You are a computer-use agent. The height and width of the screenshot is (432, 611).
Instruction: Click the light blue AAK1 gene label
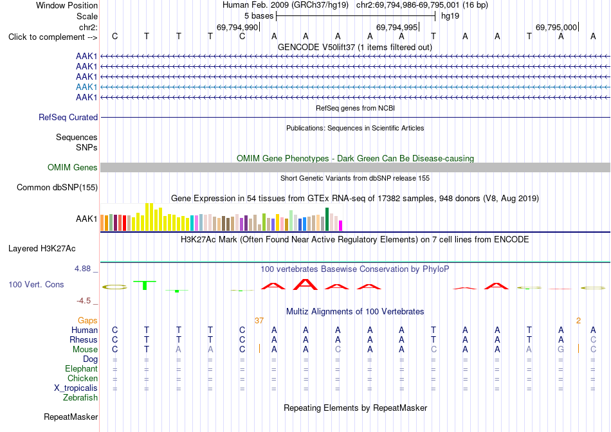pos(87,87)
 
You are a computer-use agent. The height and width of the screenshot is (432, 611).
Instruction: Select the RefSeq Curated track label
pos(68,117)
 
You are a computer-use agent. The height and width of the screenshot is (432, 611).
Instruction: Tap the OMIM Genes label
pos(73,168)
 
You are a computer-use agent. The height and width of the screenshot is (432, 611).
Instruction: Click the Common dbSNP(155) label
pos(57,187)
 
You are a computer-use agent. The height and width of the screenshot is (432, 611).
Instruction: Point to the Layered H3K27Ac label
pos(42,249)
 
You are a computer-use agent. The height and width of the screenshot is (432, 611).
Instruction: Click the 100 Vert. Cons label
pos(36,284)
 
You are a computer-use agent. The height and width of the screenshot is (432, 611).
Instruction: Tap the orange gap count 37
pos(259,321)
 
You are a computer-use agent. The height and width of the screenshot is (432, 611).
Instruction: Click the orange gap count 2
pos(578,321)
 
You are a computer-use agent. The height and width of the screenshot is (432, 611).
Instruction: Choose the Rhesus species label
pos(84,339)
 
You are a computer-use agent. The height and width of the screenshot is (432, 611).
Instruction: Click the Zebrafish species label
pos(80,398)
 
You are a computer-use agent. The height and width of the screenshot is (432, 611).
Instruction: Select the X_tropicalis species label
pos(76,388)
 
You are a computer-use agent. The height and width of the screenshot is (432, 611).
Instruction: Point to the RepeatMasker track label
pos(71,417)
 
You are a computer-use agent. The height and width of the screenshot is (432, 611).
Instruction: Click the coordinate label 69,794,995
pos(397,27)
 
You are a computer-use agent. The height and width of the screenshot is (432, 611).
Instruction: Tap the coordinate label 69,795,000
pos(556,27)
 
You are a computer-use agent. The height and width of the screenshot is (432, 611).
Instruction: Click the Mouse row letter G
pos(561,350)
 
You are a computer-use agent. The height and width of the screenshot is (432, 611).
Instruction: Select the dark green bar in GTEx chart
pos(327,219)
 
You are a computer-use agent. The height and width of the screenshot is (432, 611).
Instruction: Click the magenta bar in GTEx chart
pos(341,226)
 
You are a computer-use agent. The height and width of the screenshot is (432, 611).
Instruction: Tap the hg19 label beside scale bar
pos(450,16)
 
